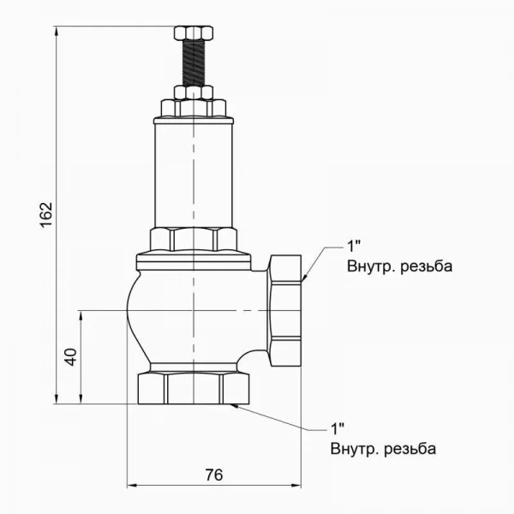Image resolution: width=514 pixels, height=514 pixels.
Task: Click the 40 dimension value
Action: (71, 356)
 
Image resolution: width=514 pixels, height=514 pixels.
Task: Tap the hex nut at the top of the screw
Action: (195, 36)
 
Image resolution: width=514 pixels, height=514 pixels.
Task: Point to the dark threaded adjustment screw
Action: (195, 64)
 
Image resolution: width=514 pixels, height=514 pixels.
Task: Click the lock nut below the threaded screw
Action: (195, 92)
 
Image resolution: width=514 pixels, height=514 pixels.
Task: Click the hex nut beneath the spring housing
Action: (194, 239)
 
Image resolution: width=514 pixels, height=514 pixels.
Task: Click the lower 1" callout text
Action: (337, 426)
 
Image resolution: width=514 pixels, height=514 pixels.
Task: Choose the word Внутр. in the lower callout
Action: (354, 448)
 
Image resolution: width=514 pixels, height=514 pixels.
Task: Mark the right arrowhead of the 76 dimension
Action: (300, 487)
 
